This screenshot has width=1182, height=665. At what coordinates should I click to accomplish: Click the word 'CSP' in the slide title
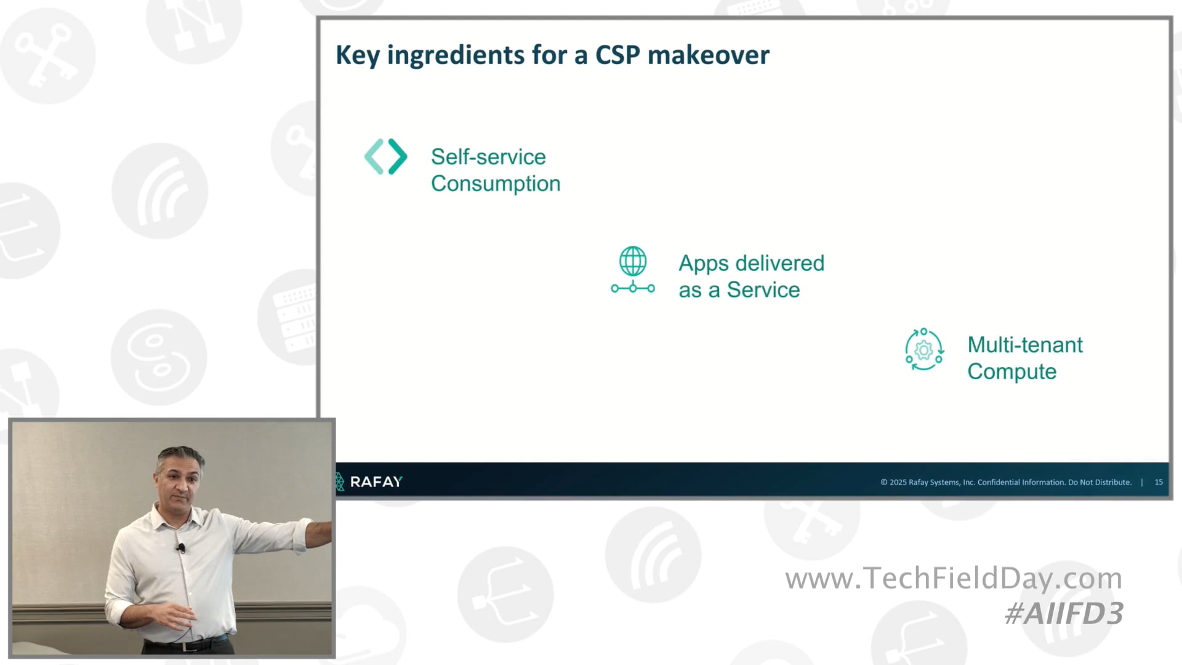(617, 55)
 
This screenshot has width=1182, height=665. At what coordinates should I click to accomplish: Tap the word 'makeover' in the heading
(708, 55)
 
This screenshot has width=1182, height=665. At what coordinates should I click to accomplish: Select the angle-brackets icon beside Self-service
(386, 156)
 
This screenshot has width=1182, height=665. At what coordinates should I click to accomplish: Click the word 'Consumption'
(496, 183)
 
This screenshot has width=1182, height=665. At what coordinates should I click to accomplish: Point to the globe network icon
(633, 270)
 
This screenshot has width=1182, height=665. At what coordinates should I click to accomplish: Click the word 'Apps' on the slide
(704, 264)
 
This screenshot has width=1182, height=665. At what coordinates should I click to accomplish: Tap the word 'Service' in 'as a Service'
(763, 290)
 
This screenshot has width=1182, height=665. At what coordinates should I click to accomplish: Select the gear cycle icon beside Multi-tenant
(923, 350)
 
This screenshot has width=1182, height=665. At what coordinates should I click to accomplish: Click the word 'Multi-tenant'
(1024, 345)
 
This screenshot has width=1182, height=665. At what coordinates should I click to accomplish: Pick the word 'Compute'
(1011, 371)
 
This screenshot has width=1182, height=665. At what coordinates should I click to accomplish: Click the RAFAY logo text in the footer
(376, 482)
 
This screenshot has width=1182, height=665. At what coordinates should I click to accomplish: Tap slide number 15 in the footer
(1159, 482)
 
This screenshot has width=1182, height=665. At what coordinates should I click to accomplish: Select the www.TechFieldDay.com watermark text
(954, 578)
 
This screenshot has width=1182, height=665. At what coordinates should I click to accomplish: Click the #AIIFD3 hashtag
(1063, 613)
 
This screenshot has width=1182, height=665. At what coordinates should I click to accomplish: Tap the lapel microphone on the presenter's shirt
(181, 547)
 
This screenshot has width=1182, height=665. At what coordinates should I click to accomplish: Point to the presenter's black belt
(185, 645)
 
